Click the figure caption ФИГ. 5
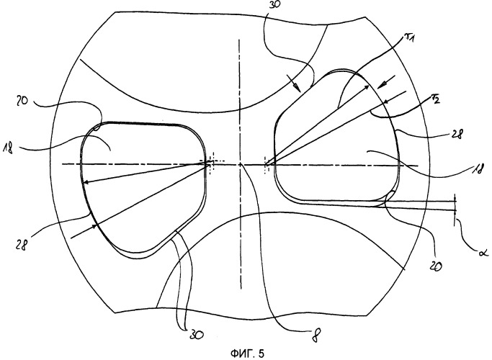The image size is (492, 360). click(x=247, y=354)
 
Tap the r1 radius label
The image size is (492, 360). click(x=408, y=39)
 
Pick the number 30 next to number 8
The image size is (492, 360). click(x=196, y=335)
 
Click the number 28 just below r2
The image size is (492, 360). click(x=456, y=133)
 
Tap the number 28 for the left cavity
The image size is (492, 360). click(x=22, y=244)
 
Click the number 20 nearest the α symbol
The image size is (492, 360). click(x=435, y=265)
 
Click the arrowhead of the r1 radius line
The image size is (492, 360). click(x=367, y=86)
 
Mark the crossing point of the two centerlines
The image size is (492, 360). click(x=240, y=164)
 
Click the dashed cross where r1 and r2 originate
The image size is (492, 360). click(x=267, y=164)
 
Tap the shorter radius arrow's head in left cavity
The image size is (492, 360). click(x=86, y=182)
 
